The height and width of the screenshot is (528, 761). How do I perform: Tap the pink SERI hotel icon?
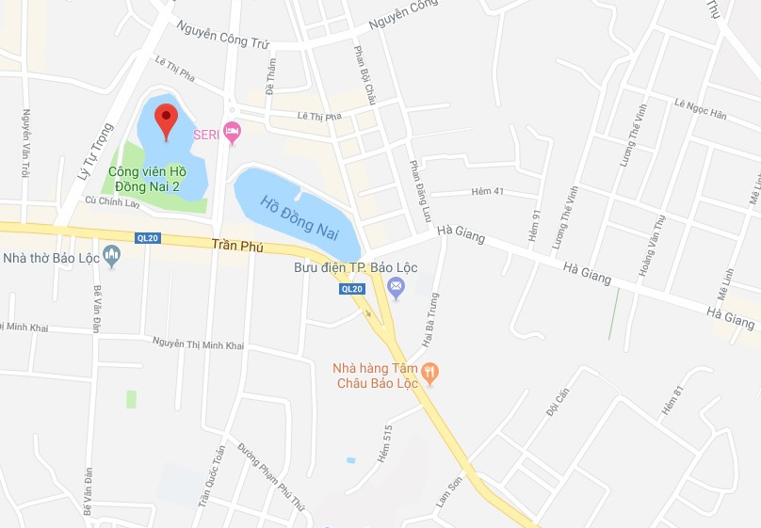233,135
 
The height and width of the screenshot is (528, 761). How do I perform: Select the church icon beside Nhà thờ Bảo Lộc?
113,255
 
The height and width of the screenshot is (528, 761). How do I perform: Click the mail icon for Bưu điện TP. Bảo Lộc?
397,286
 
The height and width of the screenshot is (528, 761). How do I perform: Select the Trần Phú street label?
237,247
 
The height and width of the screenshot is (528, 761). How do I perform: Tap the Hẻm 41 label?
487,192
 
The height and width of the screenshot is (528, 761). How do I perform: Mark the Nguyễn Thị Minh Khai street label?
198,344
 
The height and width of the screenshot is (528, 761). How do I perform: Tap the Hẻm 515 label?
386,438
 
